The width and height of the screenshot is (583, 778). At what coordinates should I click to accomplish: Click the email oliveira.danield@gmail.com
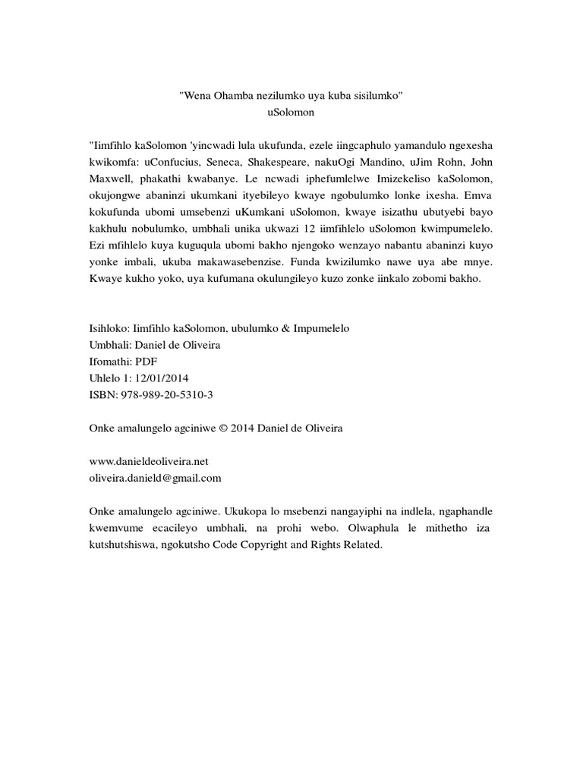pyautogui.click(x=156, y=478)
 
